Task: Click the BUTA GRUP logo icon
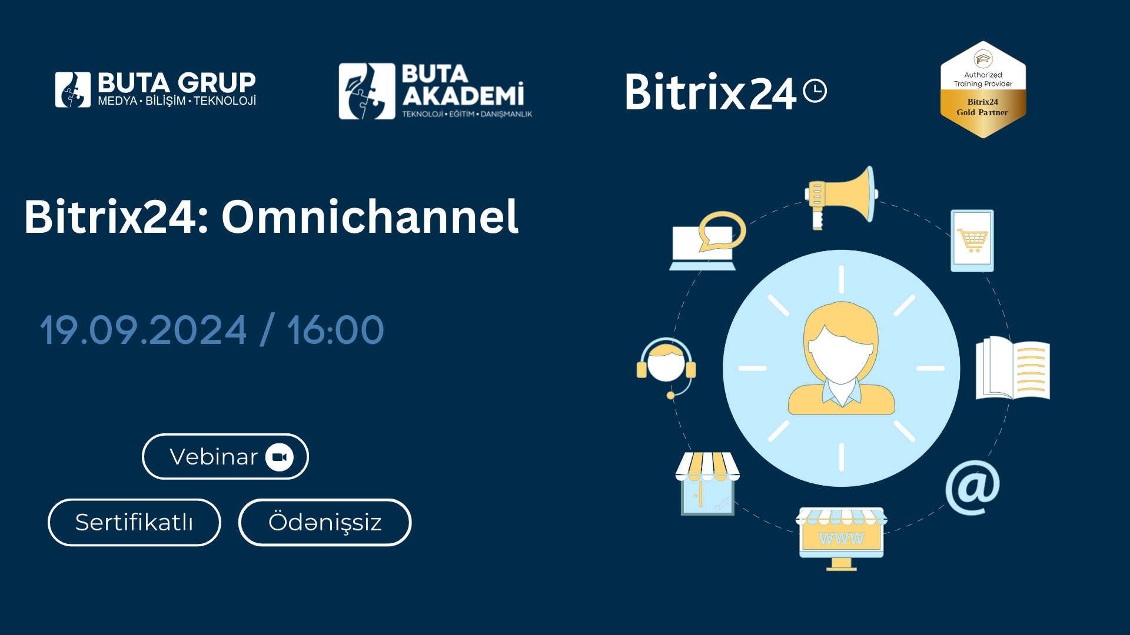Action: point(73,90)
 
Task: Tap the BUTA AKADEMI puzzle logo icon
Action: point(367,91)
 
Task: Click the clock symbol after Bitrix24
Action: point(815,91)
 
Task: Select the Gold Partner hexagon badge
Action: point(983,89)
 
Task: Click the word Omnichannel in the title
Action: point(370,216)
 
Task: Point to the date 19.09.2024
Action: point(143,330)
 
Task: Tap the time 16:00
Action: point(335,330)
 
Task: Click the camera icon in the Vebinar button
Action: point(280,457)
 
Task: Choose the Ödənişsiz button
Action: point(325,522)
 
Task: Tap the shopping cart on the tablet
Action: point(972,240)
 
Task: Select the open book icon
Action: point(1013,367)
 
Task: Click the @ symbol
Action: point(973,487)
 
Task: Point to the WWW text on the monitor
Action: point(842,539)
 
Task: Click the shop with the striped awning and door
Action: point(707,483)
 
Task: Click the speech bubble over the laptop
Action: point(722,231)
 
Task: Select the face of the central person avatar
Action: point(842,353)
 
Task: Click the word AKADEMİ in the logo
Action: point(463,95)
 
